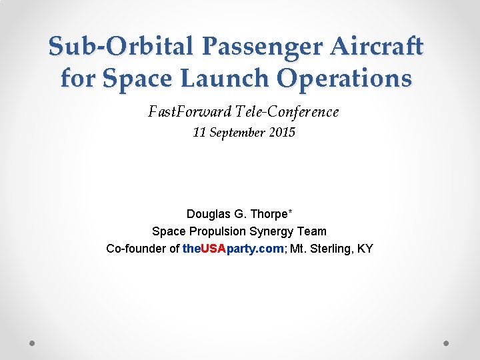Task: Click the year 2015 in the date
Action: click(x=282, y=133)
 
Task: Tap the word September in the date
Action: click(x=237, y=133)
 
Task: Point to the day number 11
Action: click(x=199, y=133)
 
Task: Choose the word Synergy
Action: click(x=273, y=231)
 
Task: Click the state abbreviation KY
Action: click(x=365, y=249)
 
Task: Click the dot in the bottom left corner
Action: click(x=32, y=343)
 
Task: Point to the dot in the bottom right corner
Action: click(x=447, y=343)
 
